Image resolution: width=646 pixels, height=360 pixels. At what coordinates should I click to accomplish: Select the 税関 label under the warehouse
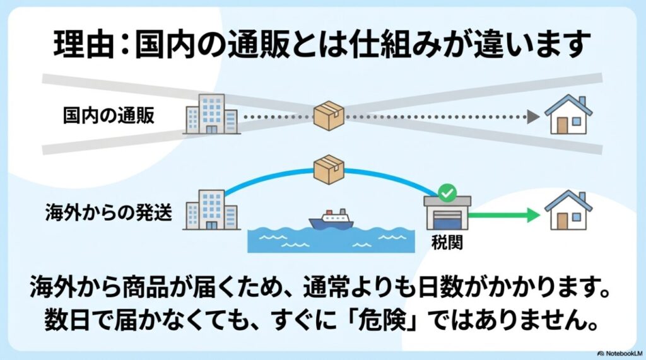click(447, 242)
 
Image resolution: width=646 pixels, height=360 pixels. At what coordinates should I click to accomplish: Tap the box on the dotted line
click(329, 116)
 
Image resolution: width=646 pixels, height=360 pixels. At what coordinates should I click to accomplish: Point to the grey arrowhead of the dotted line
click(533, 117)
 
